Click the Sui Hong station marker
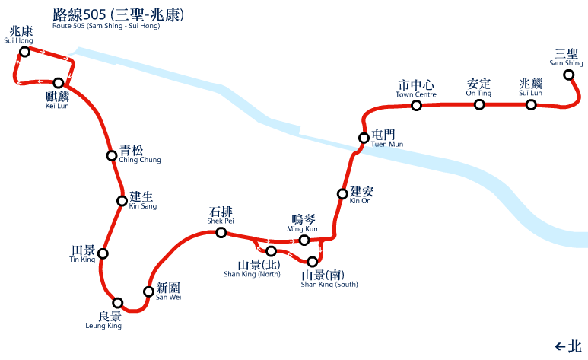24,52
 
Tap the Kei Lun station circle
58,82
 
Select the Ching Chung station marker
112,156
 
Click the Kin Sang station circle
122,201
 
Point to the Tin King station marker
103,253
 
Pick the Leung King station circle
117,302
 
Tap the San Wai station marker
148,292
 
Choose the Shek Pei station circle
221,233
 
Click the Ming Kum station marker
304,241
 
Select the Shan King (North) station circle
271,251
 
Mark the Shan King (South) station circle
312,262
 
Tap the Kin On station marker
342,193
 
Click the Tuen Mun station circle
364,138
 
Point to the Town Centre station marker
416,105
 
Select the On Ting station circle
479,104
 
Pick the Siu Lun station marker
531,104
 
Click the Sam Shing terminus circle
568,75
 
